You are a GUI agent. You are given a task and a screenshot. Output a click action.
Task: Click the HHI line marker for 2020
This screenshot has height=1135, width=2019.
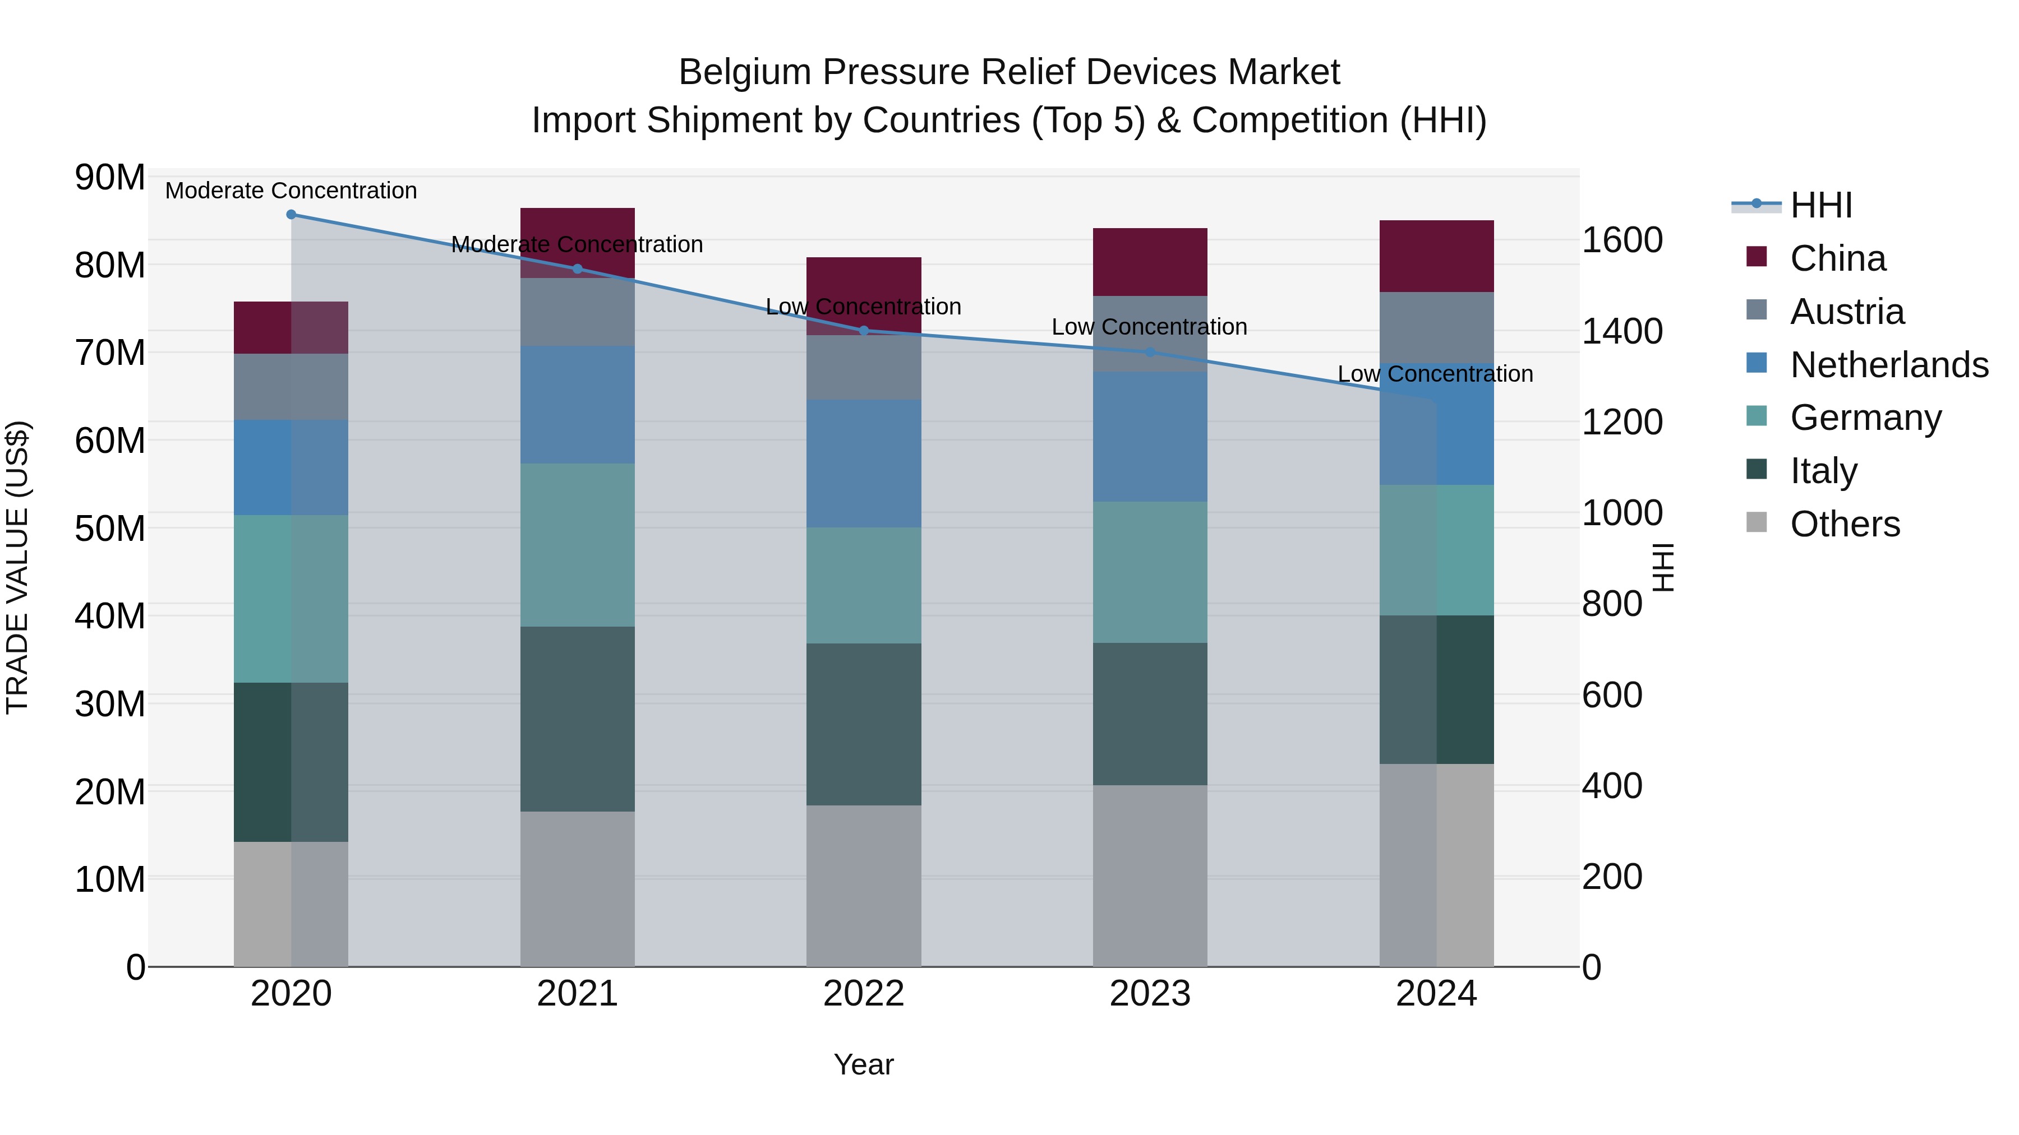(x=291, y=215)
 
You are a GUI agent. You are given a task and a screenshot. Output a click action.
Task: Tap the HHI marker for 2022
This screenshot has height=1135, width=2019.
(x=864, y=331)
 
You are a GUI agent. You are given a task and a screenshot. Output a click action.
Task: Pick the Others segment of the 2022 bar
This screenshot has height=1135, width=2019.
(x=864, y=885)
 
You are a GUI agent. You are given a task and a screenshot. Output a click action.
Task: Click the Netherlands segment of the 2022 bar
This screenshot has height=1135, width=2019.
(x=864, y=463)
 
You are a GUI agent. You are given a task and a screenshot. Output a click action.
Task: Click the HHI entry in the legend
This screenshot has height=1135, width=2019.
(x=1820, y=205)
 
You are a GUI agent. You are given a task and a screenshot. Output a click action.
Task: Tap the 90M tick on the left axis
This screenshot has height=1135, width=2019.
(x=110, y=178)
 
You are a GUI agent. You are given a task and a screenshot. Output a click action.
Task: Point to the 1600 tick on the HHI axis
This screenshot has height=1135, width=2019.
(x=1621, y=240)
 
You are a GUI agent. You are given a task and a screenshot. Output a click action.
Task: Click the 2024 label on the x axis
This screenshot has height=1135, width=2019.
(x=1436, y=994)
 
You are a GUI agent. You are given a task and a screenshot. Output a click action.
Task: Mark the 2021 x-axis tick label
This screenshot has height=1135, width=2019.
(x=578, y=994)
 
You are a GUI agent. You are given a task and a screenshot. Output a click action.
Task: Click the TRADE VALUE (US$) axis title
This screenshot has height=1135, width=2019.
(x=17, y=567)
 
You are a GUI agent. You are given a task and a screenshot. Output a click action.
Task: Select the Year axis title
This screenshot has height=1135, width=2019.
(x=863, y=1064)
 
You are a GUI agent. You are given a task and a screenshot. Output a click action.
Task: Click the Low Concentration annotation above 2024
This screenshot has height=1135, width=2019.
(x=1435, y=374)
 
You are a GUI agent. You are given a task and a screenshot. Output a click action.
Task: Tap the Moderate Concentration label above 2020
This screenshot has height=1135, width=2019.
(x=291, y=191)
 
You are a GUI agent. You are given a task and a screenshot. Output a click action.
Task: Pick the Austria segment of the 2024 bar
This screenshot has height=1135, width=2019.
(x=1436, y=327)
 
